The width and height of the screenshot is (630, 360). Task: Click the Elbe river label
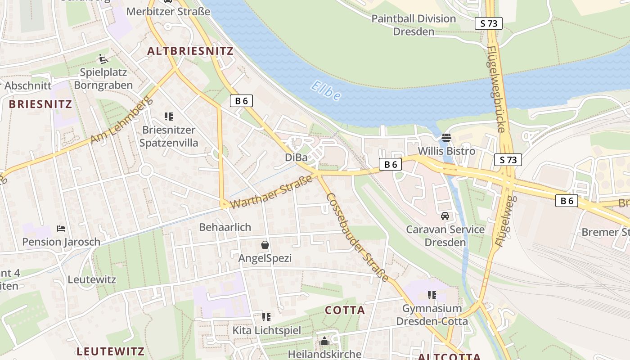[326, 91]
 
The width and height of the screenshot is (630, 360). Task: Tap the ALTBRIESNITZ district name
[190, 51]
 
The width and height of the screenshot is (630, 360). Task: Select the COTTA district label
[345, 310]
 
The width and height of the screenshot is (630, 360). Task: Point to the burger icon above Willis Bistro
[446, 137]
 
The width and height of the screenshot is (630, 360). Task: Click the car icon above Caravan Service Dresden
[445, 216]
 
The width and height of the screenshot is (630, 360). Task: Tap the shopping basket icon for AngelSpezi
[265, 245]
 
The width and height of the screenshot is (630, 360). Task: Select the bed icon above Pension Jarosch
[61, 229]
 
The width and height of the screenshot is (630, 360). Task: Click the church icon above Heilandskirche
[324, 342]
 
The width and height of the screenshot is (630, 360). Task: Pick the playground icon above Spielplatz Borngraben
[103, 58]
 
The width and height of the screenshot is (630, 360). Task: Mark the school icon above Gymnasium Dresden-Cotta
[432, 295]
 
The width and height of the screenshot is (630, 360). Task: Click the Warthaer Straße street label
[271, 192]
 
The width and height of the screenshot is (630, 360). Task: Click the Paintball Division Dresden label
[414, 25]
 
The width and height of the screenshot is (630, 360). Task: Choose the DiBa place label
[296, 157]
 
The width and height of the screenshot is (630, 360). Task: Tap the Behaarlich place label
[225, 227]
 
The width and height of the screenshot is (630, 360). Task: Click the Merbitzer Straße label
[168, 11]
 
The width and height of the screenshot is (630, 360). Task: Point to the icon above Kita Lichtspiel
[266, 317]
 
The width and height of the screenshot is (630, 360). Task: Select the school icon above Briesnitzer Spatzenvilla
[169, 117]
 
